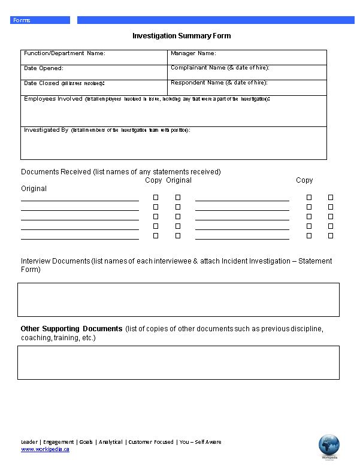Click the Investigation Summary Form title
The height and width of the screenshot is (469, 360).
click(181, 36)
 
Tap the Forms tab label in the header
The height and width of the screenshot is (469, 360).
click(22, 20)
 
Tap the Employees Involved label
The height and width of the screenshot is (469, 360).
click(53, 99)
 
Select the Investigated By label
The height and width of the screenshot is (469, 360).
click(46, 130)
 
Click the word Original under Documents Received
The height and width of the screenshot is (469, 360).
click(34, 189)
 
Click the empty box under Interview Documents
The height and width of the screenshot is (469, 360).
click(179, 299)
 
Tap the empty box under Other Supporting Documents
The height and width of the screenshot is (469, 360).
click(179, 362)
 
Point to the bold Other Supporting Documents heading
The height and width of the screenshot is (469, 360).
click(71, 329)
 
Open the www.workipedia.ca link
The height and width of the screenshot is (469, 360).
click(45, 449)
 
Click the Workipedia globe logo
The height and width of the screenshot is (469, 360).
click(329, 446)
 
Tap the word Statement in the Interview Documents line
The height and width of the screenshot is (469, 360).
click(315, 261)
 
